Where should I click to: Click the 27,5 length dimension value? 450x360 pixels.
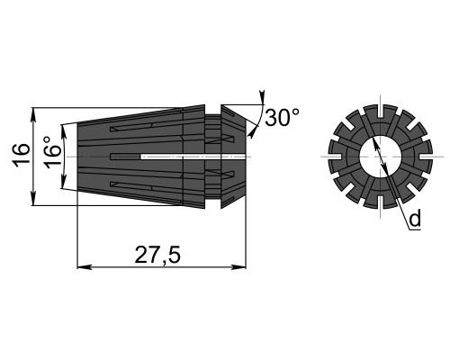(x=157, y=255)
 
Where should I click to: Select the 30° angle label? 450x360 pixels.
(x=282, y=117)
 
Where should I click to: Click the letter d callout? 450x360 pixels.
(x=415, y=219)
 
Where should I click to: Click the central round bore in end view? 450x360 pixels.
(x=381, y=157)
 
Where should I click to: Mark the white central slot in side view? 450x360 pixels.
(x=193, y=157)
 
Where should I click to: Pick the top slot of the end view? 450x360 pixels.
(x=381, y=111)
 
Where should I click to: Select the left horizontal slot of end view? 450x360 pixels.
(x=335, y=157)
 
